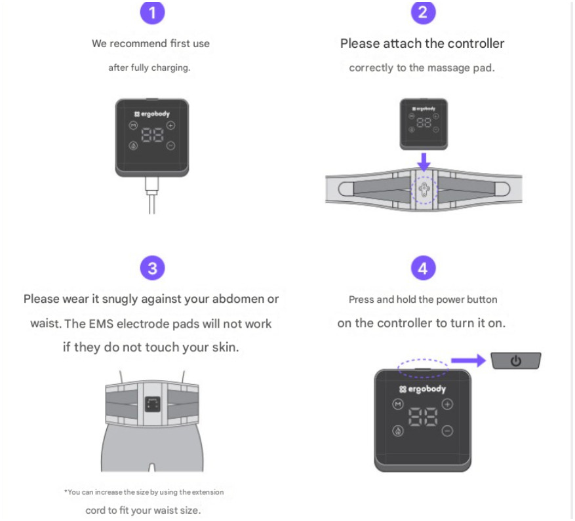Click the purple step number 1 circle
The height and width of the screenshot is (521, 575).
pos(152,12)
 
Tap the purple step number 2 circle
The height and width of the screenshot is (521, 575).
pos(423,12)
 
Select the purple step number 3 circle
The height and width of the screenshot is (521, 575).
pos(152,268)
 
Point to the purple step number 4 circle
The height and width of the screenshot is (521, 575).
pos(423,268)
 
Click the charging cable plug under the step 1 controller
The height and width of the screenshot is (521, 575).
pos(152,186)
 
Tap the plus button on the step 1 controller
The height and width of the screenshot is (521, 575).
pos(171,126)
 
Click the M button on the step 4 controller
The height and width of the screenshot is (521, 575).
pos(397,404)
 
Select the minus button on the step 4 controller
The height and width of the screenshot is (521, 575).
pos(447,431)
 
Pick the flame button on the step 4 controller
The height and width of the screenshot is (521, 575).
pos(397,431)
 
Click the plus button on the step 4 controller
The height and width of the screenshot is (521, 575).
pos(447,404)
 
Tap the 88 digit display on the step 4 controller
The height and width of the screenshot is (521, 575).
pos(423,417)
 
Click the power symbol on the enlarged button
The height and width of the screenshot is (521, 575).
pos(515,361)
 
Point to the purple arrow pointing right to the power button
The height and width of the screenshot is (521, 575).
pos(468,360)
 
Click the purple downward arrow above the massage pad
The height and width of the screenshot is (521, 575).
pos(424,162)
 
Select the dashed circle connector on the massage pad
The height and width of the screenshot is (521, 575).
pos(424,190)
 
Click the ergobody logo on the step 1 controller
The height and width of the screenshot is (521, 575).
pos(152,114)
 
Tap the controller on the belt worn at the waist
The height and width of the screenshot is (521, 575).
pos(152,404)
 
